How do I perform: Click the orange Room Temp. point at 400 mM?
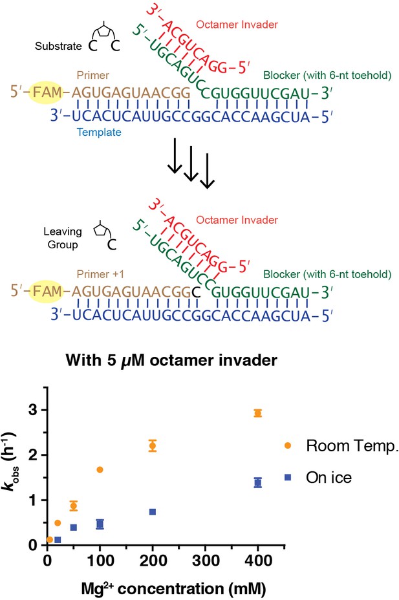tap(258, 413)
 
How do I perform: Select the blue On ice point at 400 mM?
tap(258, 483)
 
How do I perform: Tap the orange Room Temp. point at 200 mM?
tap(153, 445)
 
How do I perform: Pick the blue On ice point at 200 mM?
tap(153, 512)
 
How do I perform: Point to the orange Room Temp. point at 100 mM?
tap(100, 470)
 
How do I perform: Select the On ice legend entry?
tap(318, 478)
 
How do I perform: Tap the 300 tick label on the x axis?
tap(205, 561)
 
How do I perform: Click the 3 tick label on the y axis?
tap(33, 410)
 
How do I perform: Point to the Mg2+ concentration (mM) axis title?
tap(174, 588)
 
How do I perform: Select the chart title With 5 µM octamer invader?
tap(171, 361)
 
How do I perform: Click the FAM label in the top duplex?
tap(47, 92)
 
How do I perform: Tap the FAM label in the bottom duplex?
tap(47, 292)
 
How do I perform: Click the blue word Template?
tap(99, 133)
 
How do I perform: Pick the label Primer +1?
tap(100, 274)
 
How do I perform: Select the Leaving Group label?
tap(63, 238)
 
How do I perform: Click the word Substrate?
tap(58, 47)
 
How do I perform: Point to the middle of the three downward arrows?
tap(191, 164)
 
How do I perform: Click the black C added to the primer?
tap(196, 293)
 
